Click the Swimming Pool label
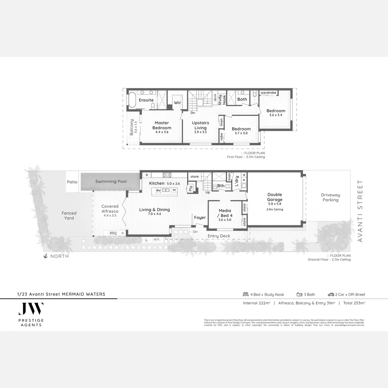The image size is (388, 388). [111, 181]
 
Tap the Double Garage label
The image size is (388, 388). [274, 197]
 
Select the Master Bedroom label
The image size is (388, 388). [162, 125]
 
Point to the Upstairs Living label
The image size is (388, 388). [200, 125]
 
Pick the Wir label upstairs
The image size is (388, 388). [177, 103]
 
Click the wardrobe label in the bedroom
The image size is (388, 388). [268, 93]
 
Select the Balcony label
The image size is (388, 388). [131, 127]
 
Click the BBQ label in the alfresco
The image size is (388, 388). [113, 233]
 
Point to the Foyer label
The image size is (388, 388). [200, 217]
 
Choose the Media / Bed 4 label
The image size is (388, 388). [225, 213]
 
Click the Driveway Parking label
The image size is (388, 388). [330, 197]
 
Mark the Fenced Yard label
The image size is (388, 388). [69, 216]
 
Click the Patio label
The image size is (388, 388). [72, 182]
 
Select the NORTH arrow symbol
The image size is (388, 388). [46, 256]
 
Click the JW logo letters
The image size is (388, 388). [31, 309]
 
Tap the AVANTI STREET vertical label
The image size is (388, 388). [360, 211]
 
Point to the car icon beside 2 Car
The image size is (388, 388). [331, 294]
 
